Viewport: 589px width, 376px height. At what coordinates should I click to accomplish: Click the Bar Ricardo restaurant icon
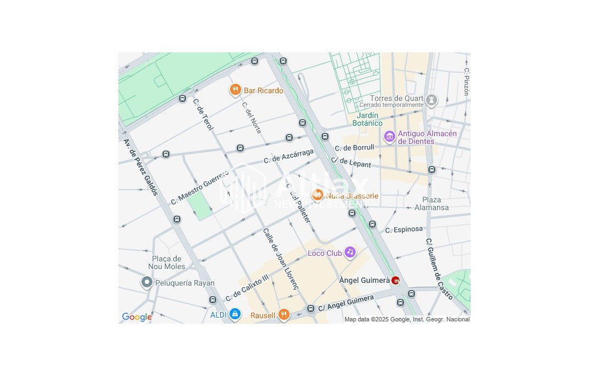pyautogui.click(x=236, y=90)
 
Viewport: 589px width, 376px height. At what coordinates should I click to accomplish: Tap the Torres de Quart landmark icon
pyautogui.click(x=432, y=100)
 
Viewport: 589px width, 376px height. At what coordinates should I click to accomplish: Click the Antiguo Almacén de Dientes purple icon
pyautogui.click(x=390, y=136)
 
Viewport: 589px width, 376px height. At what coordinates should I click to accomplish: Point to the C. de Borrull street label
pyautogui.click(x=354, y=148)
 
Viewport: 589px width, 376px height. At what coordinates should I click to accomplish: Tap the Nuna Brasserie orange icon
pyautogui.click(x=317, y=195)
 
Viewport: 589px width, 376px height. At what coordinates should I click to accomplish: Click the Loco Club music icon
pyautogui.click(x=350, y=253)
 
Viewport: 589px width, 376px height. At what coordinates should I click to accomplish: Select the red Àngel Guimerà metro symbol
pyautogui.click(x=395, y=281)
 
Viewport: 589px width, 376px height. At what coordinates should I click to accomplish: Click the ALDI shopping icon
pyautogui.click(x=235, y=314)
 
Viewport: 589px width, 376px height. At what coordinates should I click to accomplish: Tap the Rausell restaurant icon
pyautogui.click(x=283, y=315)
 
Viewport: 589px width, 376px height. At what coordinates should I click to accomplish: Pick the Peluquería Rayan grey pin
pyautogui.click(x=146, y=283)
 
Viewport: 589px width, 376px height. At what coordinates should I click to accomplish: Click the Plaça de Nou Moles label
pyautogui.click(x=166, y=262)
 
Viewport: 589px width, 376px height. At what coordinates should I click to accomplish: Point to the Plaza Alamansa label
pyautogui.click(x=432, y=203)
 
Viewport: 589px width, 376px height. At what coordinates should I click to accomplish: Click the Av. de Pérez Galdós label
pyautogui.click(x=141, y=166)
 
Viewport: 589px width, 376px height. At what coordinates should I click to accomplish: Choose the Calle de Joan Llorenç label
pyautogui.click(x=281, y=259)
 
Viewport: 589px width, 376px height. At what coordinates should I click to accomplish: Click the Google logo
pyautogui.click(x=137, y=317)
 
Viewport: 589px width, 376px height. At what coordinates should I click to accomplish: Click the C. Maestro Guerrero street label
pyautogui.click(x=199, y=188)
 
